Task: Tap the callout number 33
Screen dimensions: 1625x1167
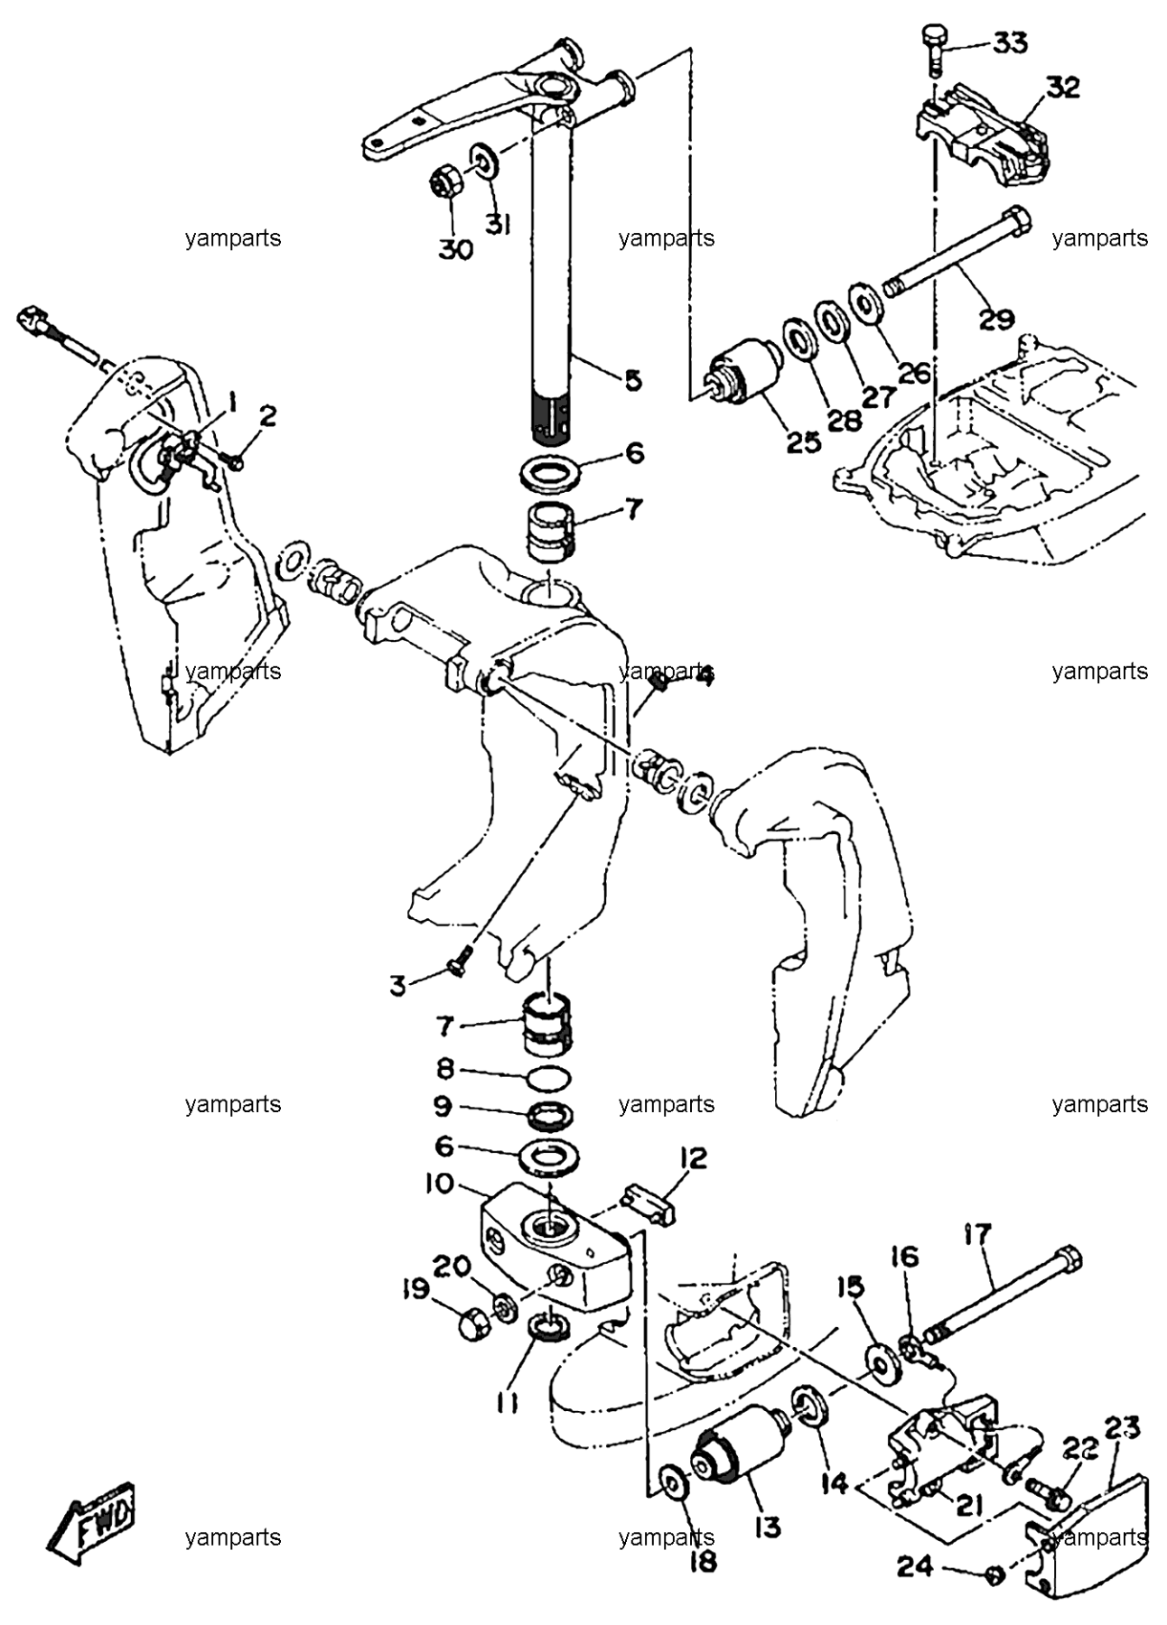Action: point(1010,42)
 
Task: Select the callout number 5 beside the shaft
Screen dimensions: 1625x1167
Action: point(633,380)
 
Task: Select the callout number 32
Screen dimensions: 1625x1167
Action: point(1064,87)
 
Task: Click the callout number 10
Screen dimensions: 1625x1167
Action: point(440,1184)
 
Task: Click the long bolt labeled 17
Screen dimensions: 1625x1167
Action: point(1003,1290)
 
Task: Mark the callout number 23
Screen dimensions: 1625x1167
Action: point(1123,1427)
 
